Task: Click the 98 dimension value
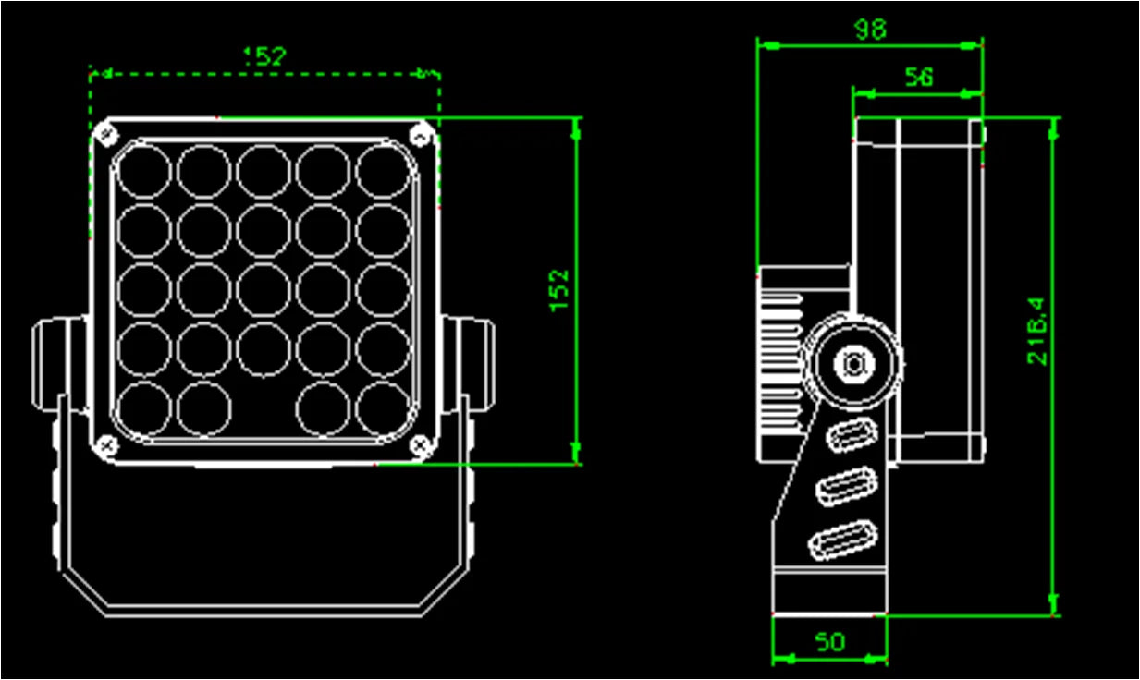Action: click(x=869, y=30)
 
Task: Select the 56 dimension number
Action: click(x=917, y=78)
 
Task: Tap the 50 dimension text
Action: click(x=829, y=642)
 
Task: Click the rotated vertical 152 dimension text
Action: click(x=559, y=290)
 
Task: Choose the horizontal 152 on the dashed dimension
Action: click(x=264, y=56)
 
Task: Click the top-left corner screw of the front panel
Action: click(x=108, y=135)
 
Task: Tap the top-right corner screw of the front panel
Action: click(x=421, y=135)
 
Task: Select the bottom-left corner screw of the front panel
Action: click(x=108, y=446)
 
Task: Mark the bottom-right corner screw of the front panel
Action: click(x=422, y=446)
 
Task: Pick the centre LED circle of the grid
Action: click(x=264, y=290)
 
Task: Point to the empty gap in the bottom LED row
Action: click(x=264, y=407)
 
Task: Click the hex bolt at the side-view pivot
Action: click(x=852, y=363)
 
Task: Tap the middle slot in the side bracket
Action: click(x=845, y=486)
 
